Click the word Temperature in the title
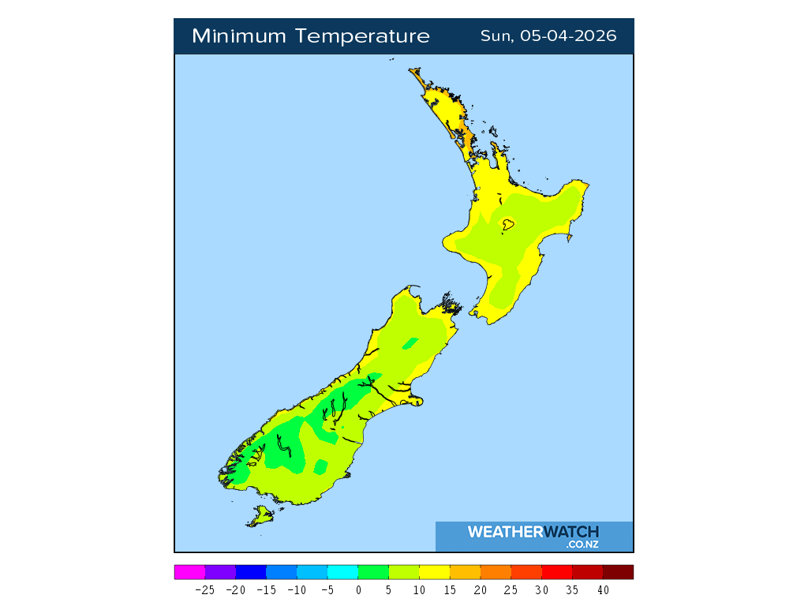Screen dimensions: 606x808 364,36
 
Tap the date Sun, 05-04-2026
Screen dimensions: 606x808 548,36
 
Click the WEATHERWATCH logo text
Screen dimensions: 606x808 533,532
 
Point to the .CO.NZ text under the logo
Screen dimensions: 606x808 582,544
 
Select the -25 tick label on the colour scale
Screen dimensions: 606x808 205,590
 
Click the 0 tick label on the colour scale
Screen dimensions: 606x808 358,590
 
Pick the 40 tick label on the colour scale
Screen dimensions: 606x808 603,590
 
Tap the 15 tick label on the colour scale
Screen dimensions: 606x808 450,590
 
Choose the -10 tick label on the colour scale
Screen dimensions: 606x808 297,590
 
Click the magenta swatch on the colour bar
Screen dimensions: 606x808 189,572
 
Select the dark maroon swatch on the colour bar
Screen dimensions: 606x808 618,572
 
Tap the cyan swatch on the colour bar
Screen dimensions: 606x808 342,572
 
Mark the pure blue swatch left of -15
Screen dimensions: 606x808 251,572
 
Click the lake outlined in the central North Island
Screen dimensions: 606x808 509,225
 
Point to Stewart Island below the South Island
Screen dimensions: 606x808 259,517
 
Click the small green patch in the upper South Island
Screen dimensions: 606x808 409,343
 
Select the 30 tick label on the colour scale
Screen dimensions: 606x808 542,590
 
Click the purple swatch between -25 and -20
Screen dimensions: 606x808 220,572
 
